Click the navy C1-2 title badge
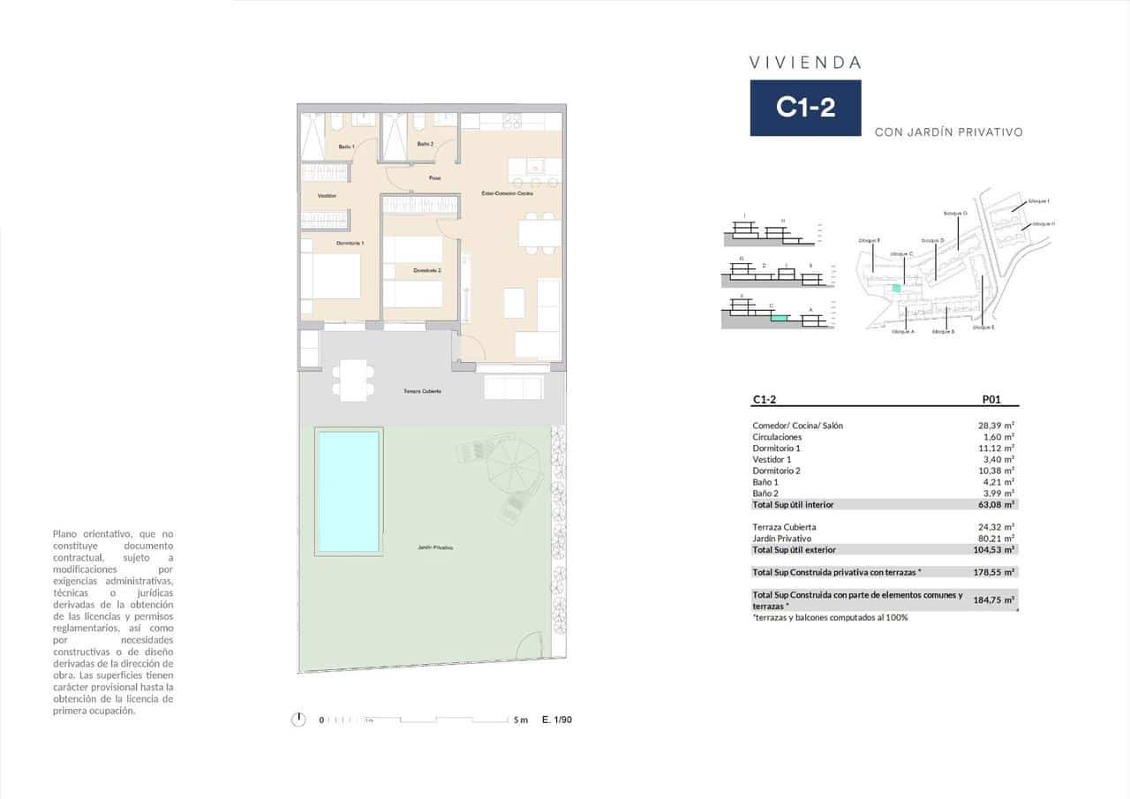(x=805, y=108)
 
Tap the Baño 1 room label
(x=347, y=146)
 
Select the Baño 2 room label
(x=425, y=144)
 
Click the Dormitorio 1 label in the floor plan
(x=350, y=243)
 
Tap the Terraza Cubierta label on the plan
(x=422, y=391)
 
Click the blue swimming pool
(x=348, y=491)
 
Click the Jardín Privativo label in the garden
(x=435, y=547)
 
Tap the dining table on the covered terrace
(x=354, y=381)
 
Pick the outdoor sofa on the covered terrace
(x=513, y=387)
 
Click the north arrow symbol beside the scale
(x=298, y=720)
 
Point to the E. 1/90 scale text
(x=557, y=720)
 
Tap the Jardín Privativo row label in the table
(x=781, y=539)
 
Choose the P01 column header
(x=991, y=400)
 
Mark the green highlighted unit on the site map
(x=897, y=288)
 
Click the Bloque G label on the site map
(x=955, y=213)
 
